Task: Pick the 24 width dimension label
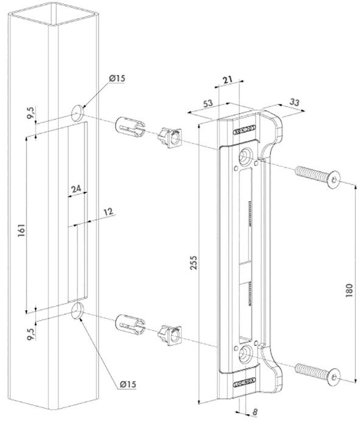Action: (76, 190)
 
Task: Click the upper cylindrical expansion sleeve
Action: (129, 127)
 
